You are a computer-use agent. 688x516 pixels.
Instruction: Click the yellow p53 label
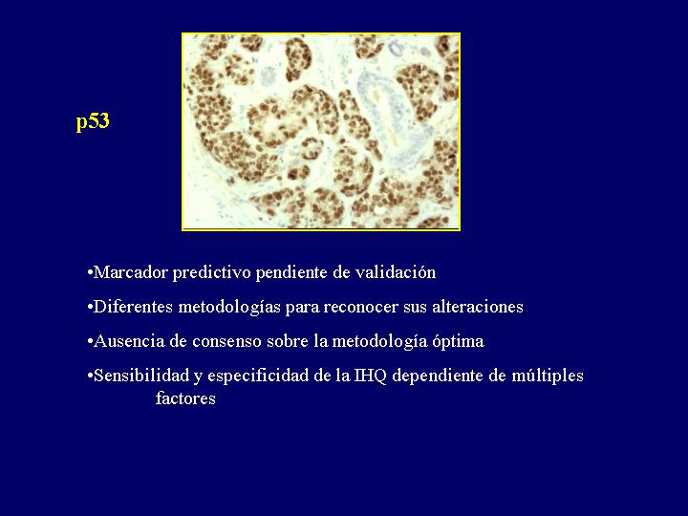click(93, 121)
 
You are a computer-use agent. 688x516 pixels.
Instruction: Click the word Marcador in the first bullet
click(131, 272)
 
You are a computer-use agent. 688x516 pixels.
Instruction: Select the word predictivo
click(211, 273)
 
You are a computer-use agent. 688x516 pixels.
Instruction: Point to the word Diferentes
click(134, 307)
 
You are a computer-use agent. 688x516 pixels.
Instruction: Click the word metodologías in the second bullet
click(229, 307)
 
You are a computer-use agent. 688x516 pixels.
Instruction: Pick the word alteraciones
click(478, 307)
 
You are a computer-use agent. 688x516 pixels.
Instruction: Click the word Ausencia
click(129, 341)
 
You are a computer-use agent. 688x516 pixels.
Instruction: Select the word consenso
click(226, 341)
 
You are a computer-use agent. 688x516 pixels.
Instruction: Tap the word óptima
click(458, 341)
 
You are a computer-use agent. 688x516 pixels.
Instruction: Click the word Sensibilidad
click(140, 376)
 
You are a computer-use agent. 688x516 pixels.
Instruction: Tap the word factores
click(185, 398)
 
